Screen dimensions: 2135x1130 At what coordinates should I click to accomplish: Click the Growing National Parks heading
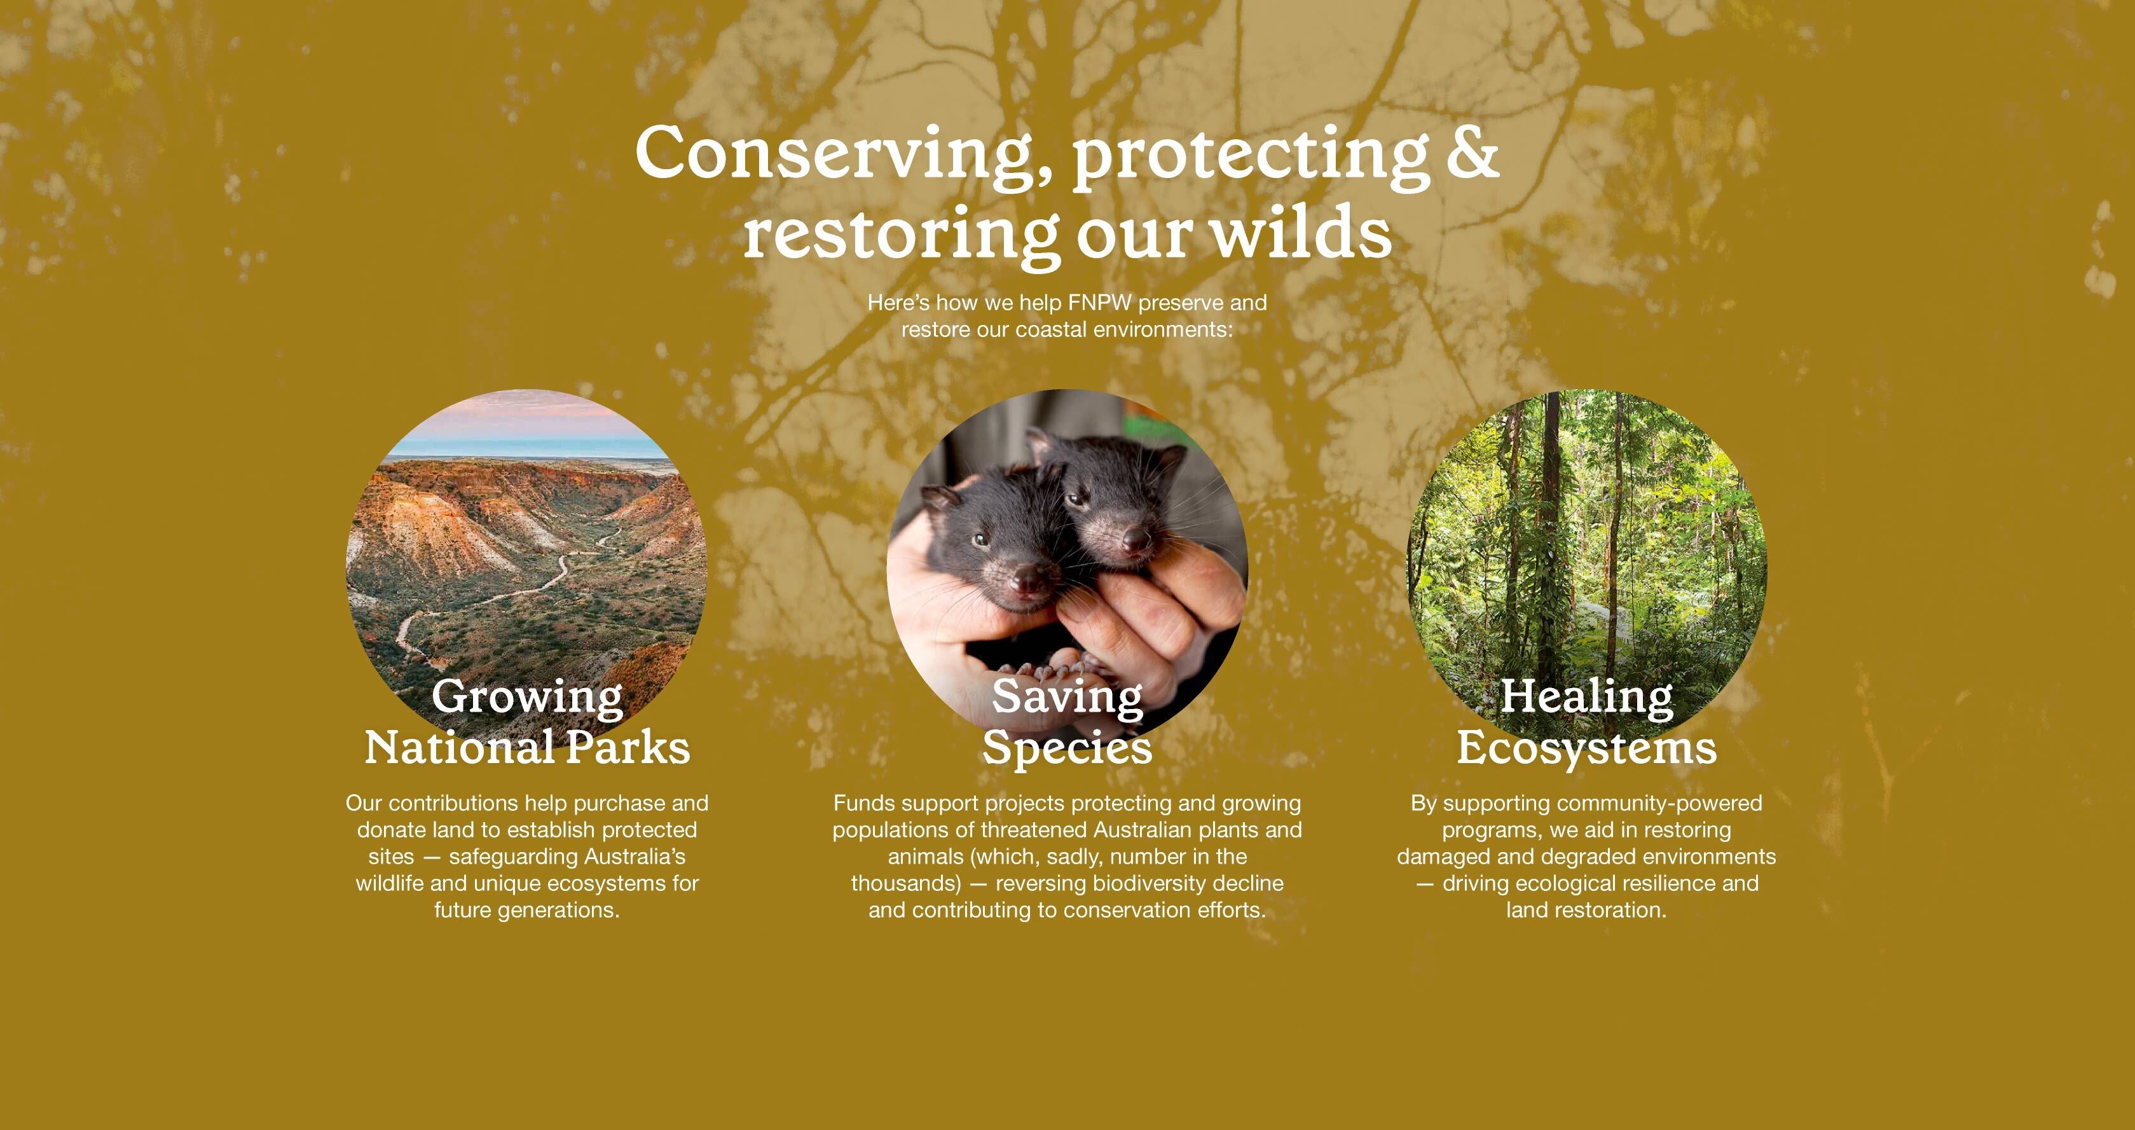coord(527,721)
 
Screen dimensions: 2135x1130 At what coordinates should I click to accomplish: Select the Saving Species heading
coord(1067,721)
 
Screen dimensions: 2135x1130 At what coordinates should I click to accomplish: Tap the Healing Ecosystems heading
coord(1586,721)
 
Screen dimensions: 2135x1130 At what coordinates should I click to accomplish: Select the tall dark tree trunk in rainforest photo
coord(1548,530)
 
